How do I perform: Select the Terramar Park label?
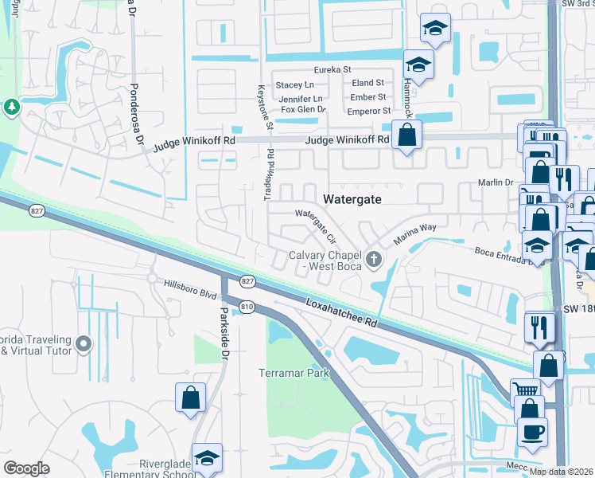coord(294,373)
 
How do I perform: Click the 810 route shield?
coord(247,307)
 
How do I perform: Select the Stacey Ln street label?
coord(295,84)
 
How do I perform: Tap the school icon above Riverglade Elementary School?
coord(207,458)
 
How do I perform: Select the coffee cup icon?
coord(532,432)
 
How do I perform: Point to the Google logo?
coord(27,468)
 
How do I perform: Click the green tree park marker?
coord(11,107)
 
